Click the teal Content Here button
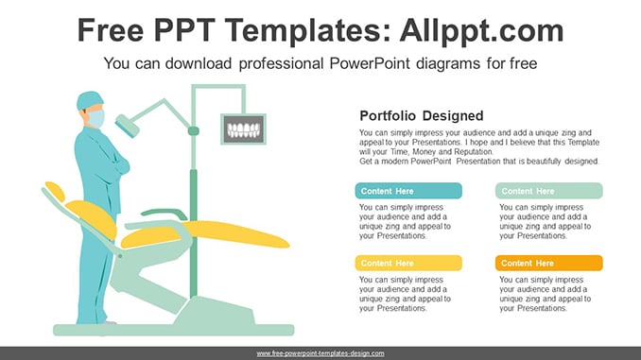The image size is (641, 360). click(408, 191)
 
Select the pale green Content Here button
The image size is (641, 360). click(549, 191)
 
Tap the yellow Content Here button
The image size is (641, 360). click(408, 264)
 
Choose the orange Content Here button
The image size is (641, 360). click(549, 264)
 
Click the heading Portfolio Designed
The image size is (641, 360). click(422, 115)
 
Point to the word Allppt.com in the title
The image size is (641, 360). click(481, 30)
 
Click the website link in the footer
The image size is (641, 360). click(320, 353)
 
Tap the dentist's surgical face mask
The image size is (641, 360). click(96, 118)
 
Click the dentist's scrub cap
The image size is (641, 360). click(89, 100)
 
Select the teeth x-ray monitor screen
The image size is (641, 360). click(244, 129)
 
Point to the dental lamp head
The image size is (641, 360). click(127, 126)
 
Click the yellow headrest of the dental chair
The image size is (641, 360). click(55, 191)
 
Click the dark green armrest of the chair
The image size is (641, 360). click(164, 214)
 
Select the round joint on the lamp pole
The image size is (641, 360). click(194, 130)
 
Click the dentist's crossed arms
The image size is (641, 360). click(116, 163)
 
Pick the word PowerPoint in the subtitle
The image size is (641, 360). click(370, 63)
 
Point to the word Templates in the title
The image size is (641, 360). click(303, 31)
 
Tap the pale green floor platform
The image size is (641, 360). click(174, 330)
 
